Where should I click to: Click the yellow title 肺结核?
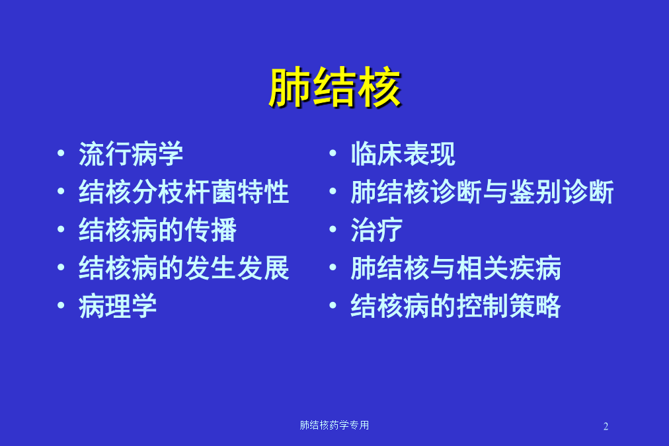pos(335,87)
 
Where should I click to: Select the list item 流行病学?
pos(131,154)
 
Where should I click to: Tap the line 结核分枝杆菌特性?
pos(184,192)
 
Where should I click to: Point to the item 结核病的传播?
pos(157,230)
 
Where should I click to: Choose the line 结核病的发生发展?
pos(184,268)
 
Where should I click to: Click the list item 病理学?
pos(118,306)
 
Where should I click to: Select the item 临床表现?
pos(403,154)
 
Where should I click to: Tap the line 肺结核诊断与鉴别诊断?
pos(482,192)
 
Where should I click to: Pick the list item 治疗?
pos(377,230)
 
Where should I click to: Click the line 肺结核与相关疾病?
pos(455,268)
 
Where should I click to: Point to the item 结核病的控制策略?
pos(455,306)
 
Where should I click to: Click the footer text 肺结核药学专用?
pos(334,425)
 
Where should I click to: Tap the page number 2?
pos(606,426)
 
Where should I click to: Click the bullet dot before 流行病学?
pos(61,153)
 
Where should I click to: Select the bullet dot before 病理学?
pos(61,305)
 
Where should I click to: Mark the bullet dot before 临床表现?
pos(333,153)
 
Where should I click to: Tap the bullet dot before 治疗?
pos(333,229)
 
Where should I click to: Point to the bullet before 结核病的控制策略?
pos(333,305)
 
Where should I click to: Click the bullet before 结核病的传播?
pos(61,229)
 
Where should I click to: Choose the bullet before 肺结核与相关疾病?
pos(333,267)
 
